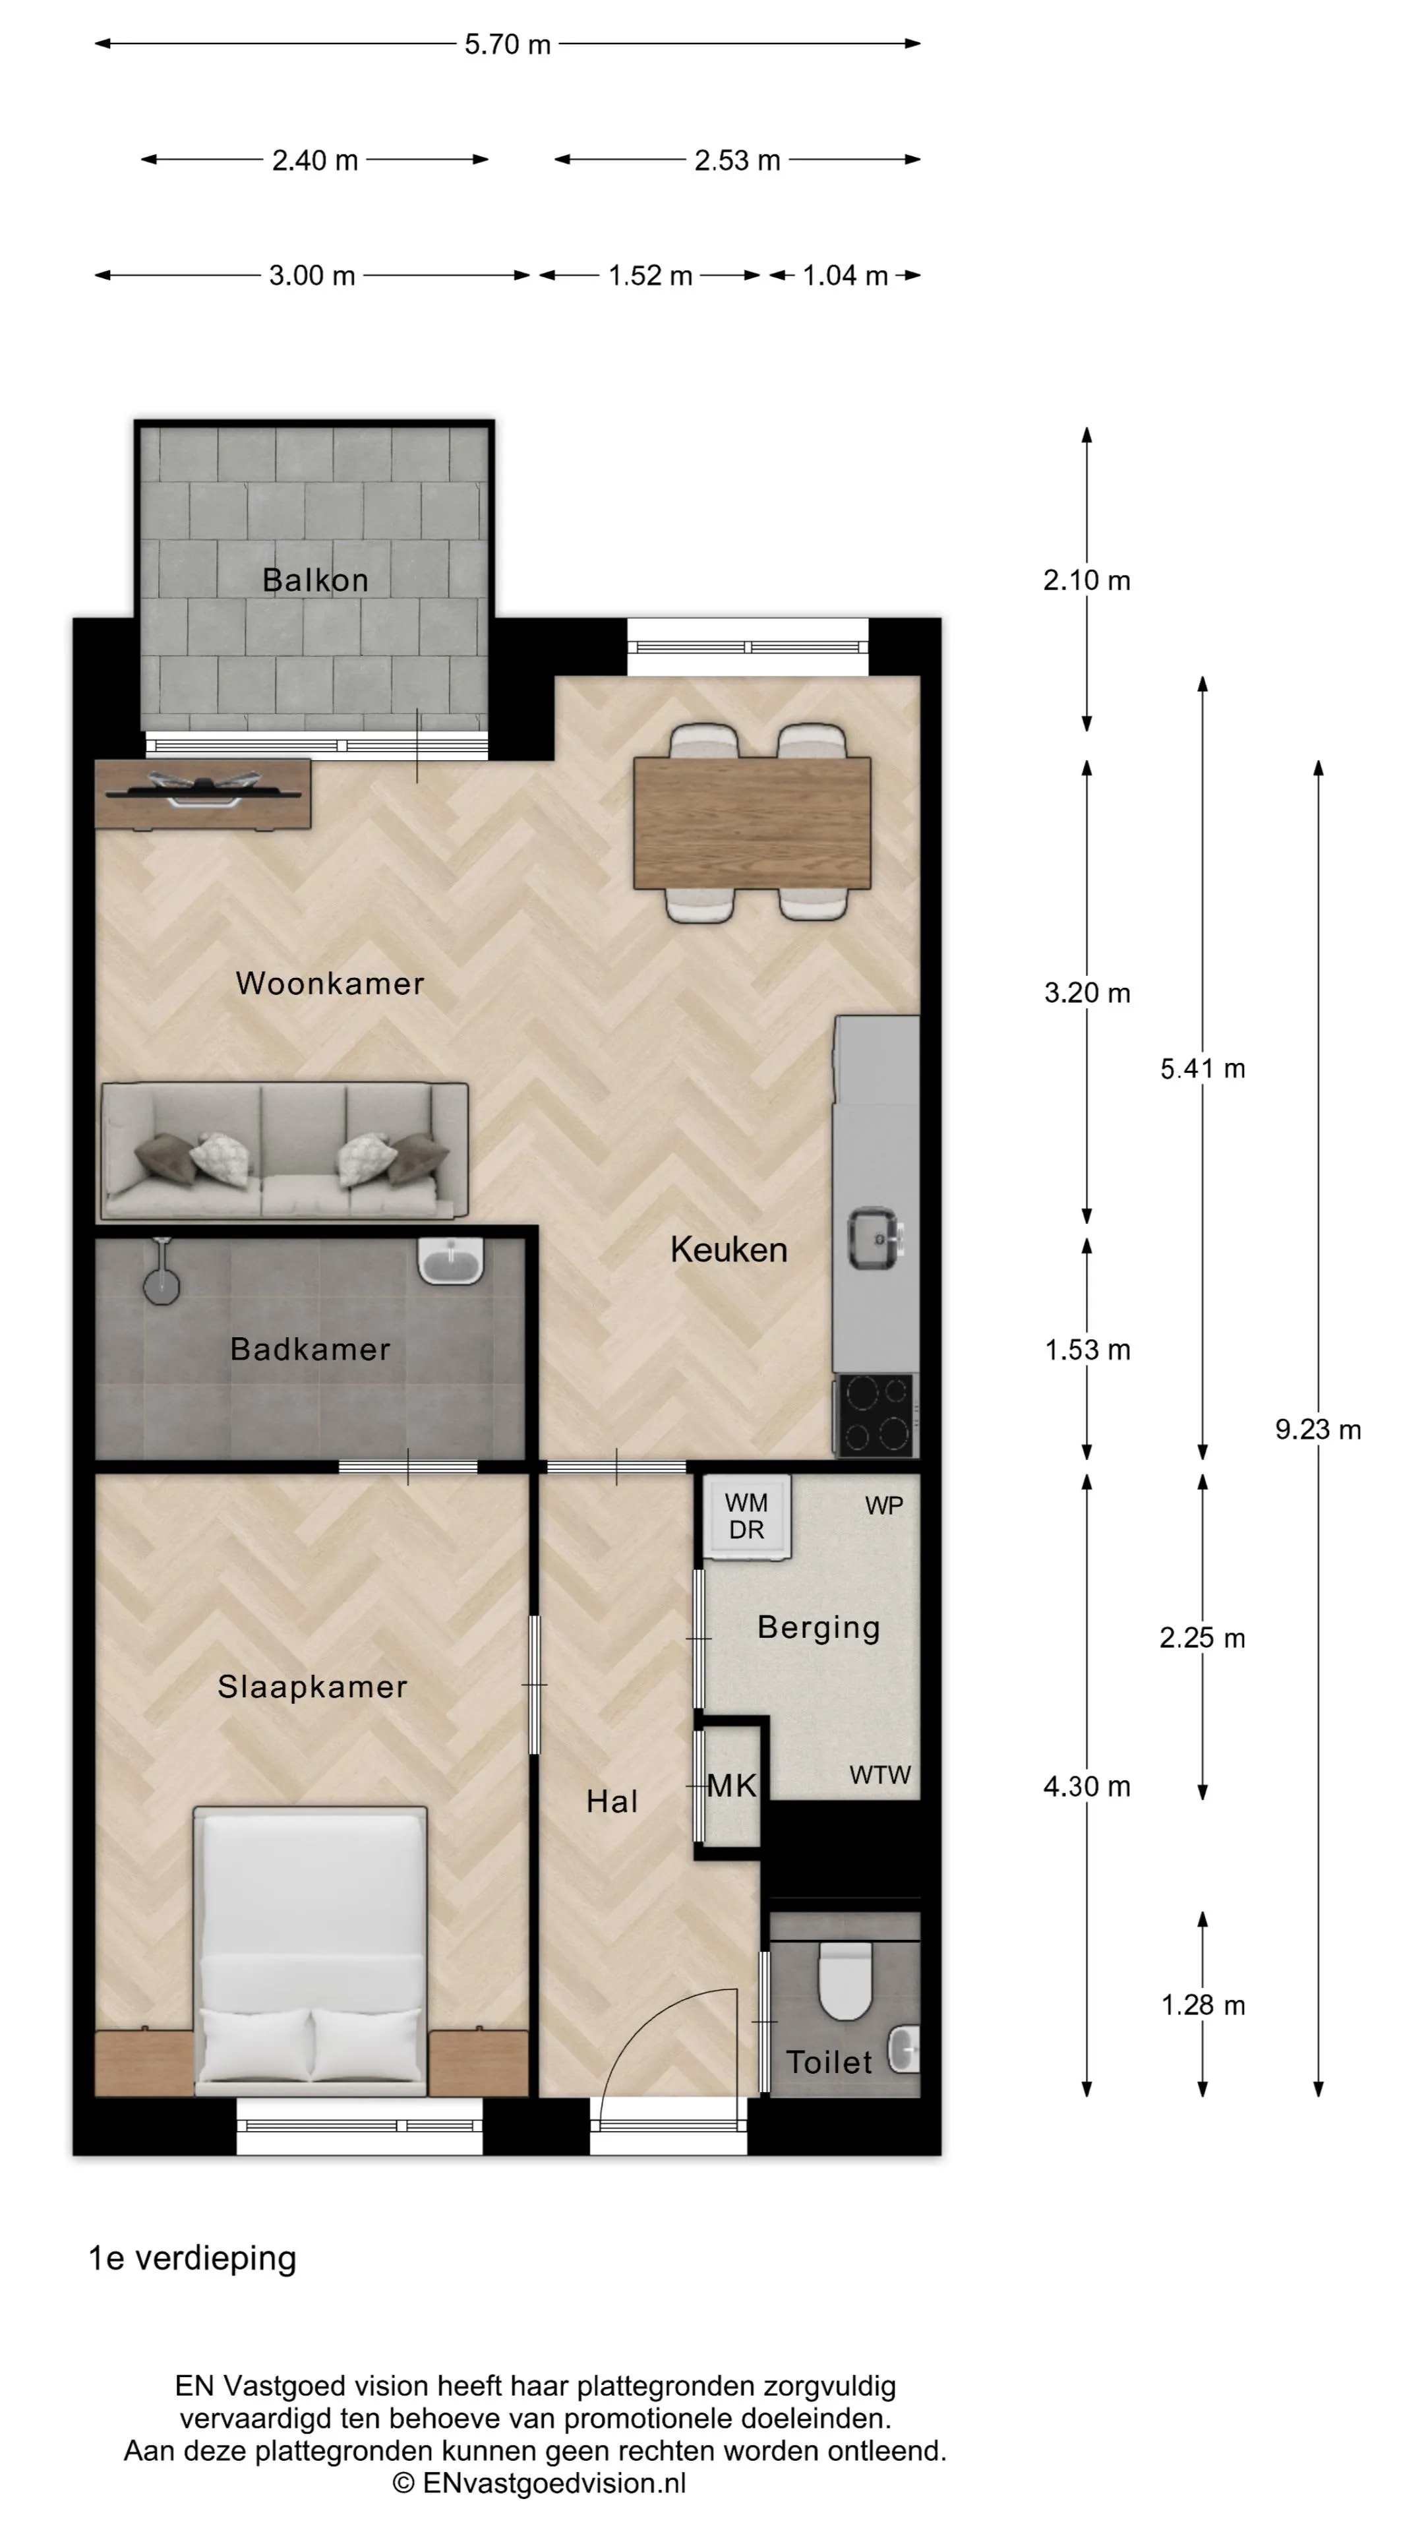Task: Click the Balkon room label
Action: pos(316,580)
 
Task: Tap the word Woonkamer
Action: pos(330,983)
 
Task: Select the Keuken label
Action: pos(729,1250)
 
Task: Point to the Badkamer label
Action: pos(311,1348)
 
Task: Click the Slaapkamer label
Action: pos(312,1687)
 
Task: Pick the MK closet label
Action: pos(732,1786)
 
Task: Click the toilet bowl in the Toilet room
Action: pos(845,1977)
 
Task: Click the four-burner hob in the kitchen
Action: pos(875,1416)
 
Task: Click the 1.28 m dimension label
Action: pos(1203,2005)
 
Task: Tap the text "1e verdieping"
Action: pos(193,2259)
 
